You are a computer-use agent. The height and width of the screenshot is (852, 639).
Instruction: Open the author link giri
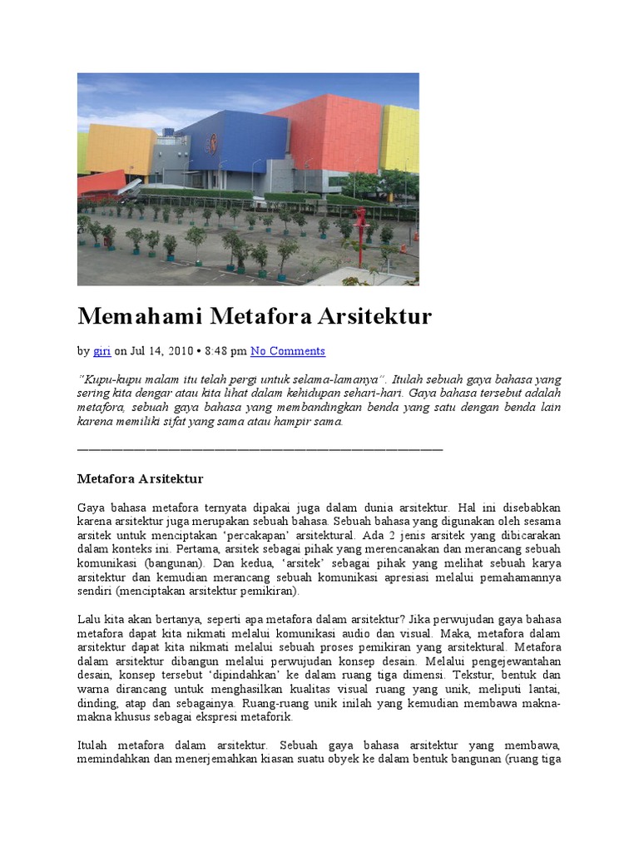[102, 351]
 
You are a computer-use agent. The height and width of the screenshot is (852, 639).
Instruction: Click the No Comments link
[288, 351]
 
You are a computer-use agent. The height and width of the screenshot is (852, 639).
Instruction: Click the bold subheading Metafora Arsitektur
[140, 479]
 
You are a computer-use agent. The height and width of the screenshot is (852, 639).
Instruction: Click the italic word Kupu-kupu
[106, 379]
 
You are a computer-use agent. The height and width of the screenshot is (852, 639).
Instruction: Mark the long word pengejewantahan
[518, 661]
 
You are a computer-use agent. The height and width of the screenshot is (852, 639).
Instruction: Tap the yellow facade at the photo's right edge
[401, 137]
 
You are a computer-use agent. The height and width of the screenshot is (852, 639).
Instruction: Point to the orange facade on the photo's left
[121, 150]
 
